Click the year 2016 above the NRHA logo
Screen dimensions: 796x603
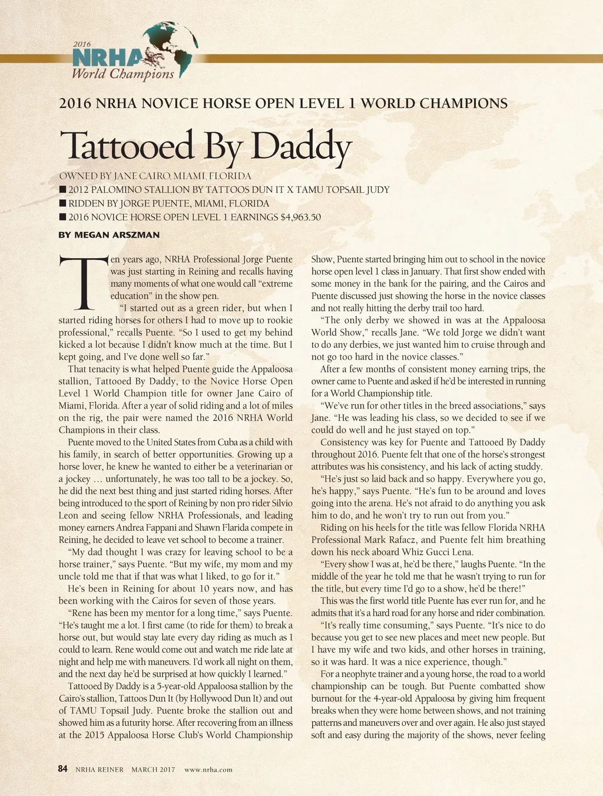tap(82, 44)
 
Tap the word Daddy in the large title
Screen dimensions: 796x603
tap(301, 146)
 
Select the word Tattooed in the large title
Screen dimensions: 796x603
tap(126, 146)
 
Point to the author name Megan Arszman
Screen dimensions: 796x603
tap(109, 235)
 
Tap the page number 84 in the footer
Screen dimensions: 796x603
tap(63, 769)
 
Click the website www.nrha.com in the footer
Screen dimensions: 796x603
tap(208, 769)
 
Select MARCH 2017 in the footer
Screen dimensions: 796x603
tap(153, 769)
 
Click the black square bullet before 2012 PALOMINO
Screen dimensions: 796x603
tap(62, 190)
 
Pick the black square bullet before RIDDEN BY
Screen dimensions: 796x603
tap(62, 203)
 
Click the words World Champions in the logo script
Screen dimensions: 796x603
tap(122, 74)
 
